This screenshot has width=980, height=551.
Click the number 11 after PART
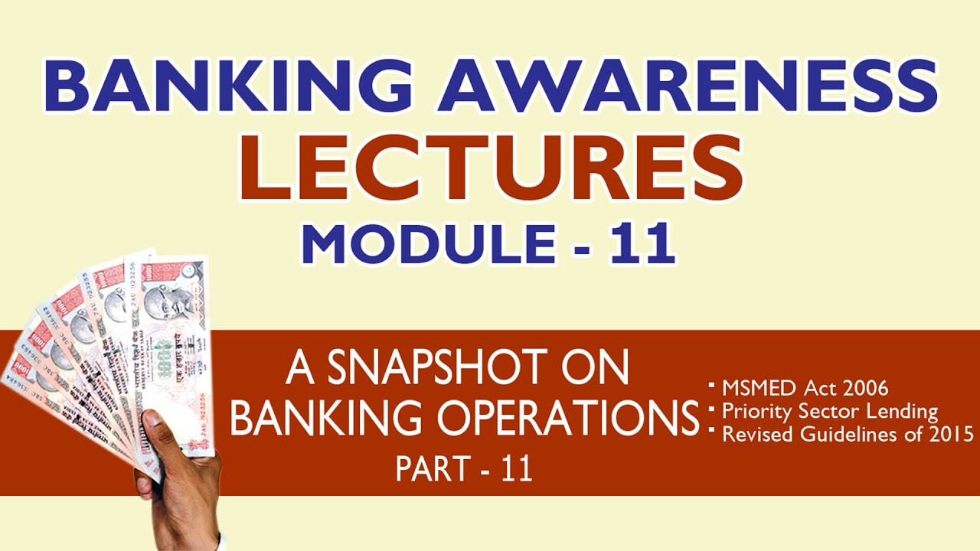click(516, 468)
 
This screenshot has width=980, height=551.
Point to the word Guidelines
click(838, 434)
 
